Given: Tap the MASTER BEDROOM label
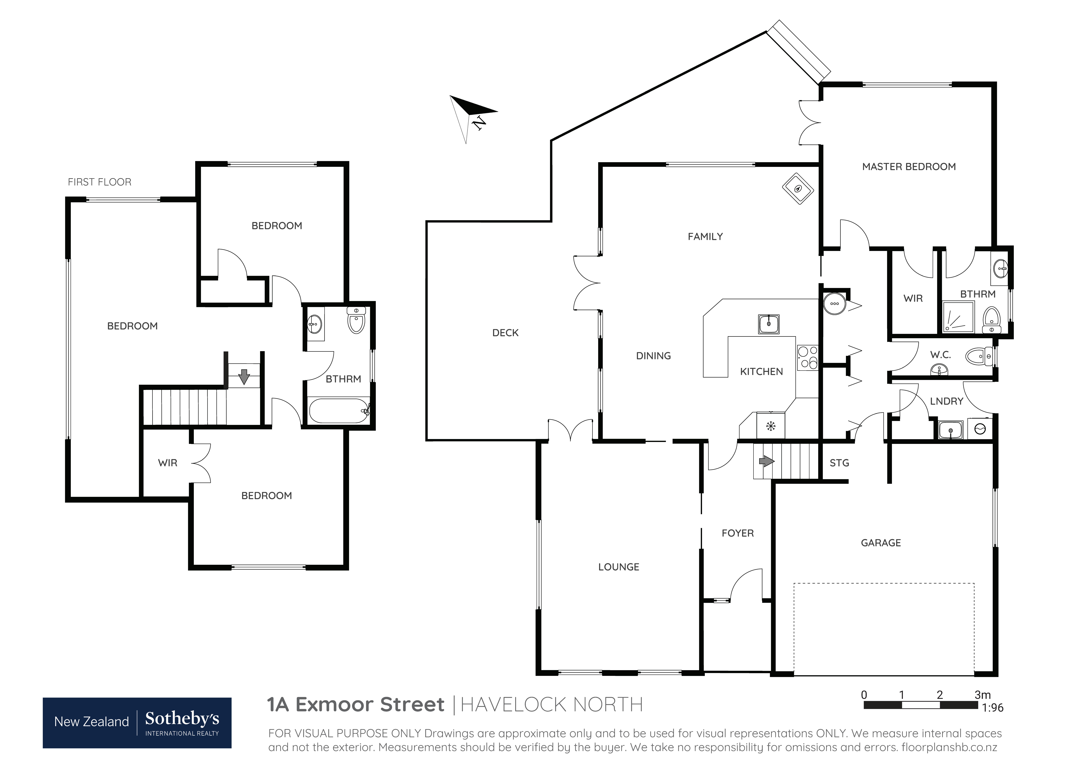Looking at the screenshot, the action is (x=909, y=167).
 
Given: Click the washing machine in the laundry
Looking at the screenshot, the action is (x=980, y=429).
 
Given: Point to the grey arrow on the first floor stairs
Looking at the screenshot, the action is (x=244, y=376).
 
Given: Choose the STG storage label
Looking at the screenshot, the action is (x=839, y=463).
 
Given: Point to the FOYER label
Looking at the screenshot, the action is (x=738, y=533).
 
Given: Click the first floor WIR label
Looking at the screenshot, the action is (x=168, y=463).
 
